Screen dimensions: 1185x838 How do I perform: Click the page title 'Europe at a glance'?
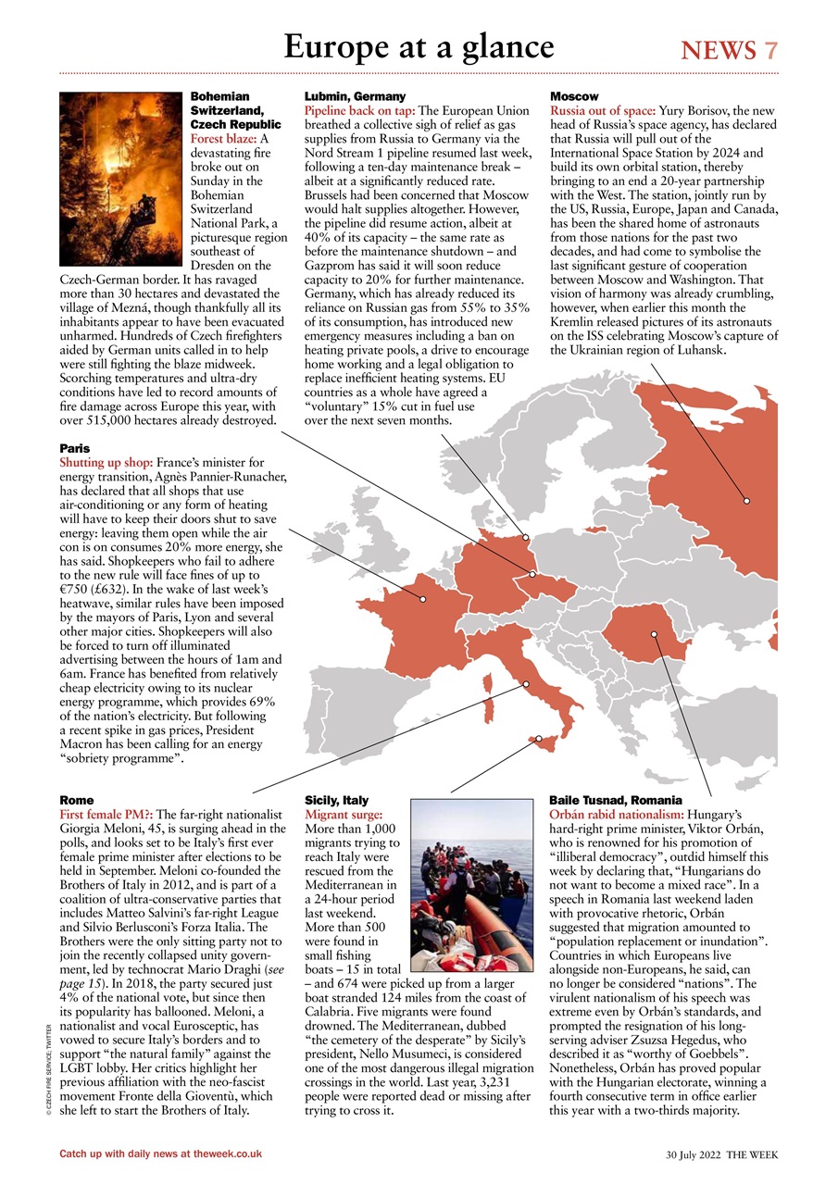tap(419, 45)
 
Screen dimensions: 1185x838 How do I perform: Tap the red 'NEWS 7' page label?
tap(729, 50)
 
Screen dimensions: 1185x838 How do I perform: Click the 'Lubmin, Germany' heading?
tap(355, 96)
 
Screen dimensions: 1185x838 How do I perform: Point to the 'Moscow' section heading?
tap(574, 96)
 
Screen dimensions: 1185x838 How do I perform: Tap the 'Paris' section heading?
tap(74, 448)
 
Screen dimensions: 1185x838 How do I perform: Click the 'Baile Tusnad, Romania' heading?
tap(615, 799)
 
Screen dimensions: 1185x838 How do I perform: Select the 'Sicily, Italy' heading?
tap(336, 799)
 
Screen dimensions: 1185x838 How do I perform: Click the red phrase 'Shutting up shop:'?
tap(106, 462)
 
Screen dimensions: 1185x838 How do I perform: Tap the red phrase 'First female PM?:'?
tap(106, 814)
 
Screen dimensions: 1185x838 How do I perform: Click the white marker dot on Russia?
tap(746, 501)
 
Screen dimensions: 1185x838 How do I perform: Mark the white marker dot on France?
tap(423, 599)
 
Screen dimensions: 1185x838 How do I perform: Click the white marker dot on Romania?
tap(654, 634)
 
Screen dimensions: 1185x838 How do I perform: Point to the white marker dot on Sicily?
tap(538, 739)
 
